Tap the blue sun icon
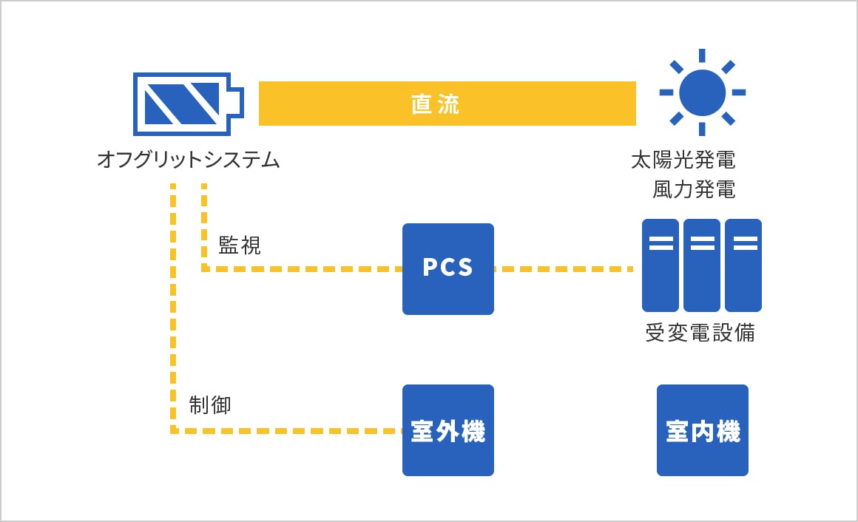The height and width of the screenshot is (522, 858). (702, 92)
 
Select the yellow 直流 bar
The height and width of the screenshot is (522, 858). (447, 104)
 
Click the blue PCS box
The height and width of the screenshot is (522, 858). (447, 268)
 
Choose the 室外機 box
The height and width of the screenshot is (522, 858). (447, 430)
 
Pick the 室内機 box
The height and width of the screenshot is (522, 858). (702, 430)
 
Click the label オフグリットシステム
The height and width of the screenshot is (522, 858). (189, 160)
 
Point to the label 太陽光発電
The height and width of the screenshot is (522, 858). (683, 160)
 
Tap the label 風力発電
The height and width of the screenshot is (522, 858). (694, 190)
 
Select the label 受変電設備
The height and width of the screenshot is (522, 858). (700, 333)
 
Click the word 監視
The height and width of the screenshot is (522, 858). (240, 245)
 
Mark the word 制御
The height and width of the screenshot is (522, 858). (210, 405)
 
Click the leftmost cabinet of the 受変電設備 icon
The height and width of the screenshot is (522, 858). (661, 265)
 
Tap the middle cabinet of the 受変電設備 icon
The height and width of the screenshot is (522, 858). (702, 265)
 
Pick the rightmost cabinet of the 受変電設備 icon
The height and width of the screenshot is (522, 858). (743, 265)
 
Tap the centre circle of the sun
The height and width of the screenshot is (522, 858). (702, 92)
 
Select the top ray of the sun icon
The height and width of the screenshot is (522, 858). (702, 55)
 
